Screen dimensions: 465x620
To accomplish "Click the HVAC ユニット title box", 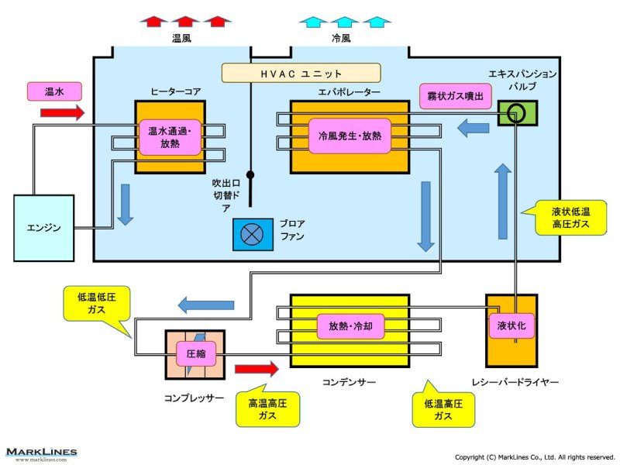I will coord(301,73).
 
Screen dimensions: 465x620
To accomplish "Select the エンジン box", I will coord(44,228).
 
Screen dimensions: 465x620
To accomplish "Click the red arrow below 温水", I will coord(62,113).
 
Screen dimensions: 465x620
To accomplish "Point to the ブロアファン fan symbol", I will coord(253,234).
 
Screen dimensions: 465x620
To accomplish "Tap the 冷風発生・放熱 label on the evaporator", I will coord(350,136).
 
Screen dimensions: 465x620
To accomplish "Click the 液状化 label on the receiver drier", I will coord(511,326).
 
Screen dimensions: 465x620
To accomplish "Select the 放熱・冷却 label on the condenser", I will coord(350,326).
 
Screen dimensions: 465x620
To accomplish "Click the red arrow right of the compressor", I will coord(255,368).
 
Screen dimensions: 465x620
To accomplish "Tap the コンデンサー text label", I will coord(349,383).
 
